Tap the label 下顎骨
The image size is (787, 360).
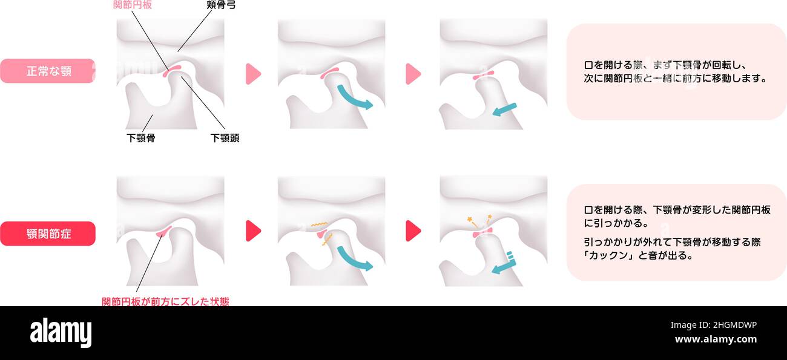coord(141,137)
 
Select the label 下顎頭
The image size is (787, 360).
coord(225,137)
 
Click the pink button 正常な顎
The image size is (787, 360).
coord(48,71)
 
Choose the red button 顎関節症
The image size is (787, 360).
coord(48,234)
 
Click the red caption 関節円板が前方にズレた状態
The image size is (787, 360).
coord(165,301)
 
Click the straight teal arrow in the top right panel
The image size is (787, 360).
coord(504,109)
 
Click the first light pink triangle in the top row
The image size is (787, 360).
coord(253,74)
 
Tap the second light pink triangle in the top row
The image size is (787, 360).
coord(413,74)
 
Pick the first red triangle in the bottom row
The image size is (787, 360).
coord(253,231)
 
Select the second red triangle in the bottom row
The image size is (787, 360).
coord(413,231)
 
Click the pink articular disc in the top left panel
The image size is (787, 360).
coord(173,71)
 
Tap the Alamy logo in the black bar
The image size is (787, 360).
coord(61,333)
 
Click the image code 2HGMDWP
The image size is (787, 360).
coord(733,326)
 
